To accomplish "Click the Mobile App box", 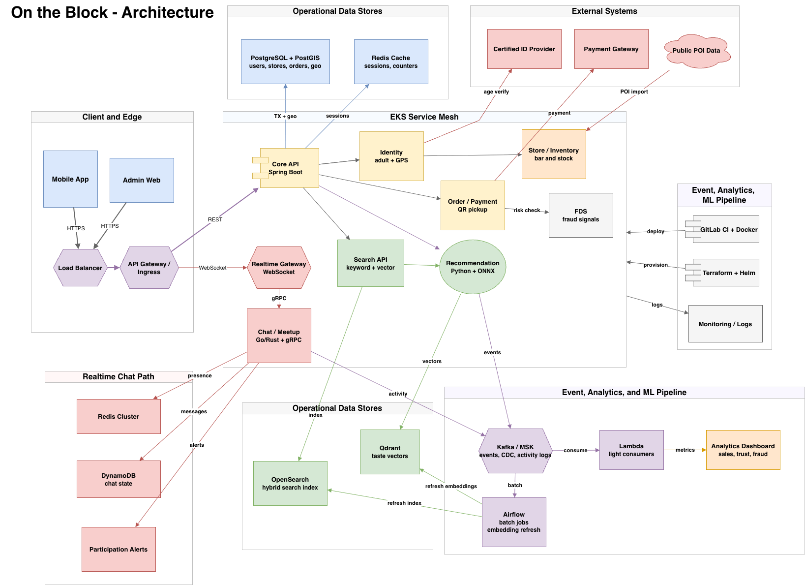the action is [70, 179].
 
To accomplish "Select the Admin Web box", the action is [142, 180].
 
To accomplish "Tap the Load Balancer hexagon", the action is [80, 268].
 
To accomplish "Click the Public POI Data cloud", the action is [697, 51].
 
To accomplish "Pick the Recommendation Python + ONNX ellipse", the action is [473, 267].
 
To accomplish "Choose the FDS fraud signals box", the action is [581, 215].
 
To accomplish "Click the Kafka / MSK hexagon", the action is [515, 451].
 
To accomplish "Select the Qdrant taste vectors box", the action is [389, 452].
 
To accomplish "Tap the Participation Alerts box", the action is [119, 549].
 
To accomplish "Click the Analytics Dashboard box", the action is [743, 450].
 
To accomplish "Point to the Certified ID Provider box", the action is [524, 49].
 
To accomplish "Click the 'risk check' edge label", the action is [527, 210].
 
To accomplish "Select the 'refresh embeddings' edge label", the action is [451, 486].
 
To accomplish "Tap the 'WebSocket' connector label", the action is [212, 268].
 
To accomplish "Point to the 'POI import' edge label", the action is [634, 92].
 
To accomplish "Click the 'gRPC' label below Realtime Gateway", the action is [279, 298].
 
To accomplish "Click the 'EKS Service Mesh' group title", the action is [424, 117].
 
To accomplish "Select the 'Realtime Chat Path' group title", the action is [118, 376].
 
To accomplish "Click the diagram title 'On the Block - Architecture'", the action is [112, 12].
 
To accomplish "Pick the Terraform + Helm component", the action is [722, 273].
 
